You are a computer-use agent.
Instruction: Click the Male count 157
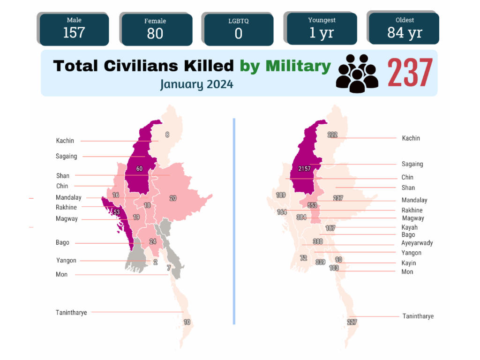74,33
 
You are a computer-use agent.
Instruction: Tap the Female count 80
155,33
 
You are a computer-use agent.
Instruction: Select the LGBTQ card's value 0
239,33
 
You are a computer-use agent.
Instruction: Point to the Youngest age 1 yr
322,33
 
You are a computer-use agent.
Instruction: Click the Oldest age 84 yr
405,33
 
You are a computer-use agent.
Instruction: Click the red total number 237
410,73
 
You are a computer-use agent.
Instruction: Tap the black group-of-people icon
357,74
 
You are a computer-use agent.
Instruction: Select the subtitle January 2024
196,84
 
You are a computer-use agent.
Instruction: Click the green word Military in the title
298,66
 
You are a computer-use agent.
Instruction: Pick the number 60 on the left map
139,169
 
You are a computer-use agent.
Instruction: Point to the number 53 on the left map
117,212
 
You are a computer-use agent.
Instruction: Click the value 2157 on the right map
304,169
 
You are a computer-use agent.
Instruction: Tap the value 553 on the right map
312,205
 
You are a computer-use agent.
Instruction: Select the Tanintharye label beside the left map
71,313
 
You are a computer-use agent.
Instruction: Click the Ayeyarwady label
417,243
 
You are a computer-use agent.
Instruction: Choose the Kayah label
410,227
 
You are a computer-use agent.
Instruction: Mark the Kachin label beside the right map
411,138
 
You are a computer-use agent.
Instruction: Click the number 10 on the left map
187,322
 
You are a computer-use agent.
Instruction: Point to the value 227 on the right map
352,322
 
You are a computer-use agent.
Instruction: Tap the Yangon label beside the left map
66,261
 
